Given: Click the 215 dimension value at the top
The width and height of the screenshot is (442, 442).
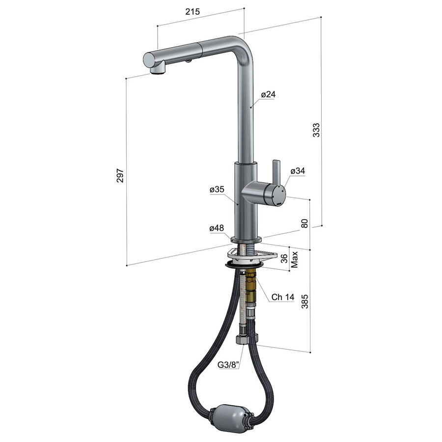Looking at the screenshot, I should (193, 12).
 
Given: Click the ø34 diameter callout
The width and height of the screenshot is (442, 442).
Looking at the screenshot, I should (298, 171).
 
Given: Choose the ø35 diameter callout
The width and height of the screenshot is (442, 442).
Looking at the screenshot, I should (217, 189).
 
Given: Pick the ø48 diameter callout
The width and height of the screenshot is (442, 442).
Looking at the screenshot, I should (217, 228).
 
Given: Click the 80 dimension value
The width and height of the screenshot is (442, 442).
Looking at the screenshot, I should (304, 223).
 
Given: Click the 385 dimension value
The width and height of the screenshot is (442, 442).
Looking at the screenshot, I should (304, 301).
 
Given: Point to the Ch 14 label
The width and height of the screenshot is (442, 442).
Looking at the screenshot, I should (283, 297).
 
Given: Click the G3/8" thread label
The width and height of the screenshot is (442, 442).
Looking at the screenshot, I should (228, 365).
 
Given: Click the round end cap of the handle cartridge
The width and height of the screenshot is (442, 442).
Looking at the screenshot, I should (278, 195).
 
